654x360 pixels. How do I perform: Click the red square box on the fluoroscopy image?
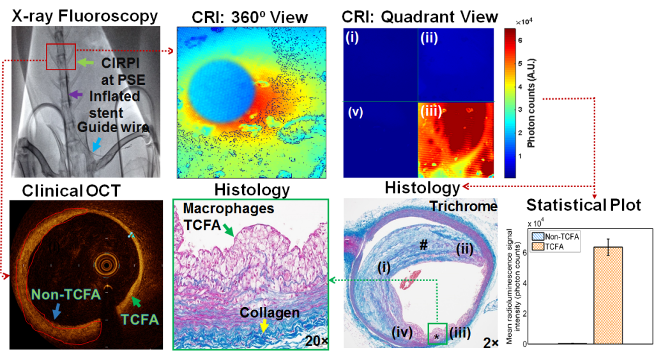point(61,56)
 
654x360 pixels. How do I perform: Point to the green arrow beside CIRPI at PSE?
point(87,63)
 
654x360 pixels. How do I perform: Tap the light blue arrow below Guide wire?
point(97,146)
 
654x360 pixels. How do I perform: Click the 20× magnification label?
point(314,341)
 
